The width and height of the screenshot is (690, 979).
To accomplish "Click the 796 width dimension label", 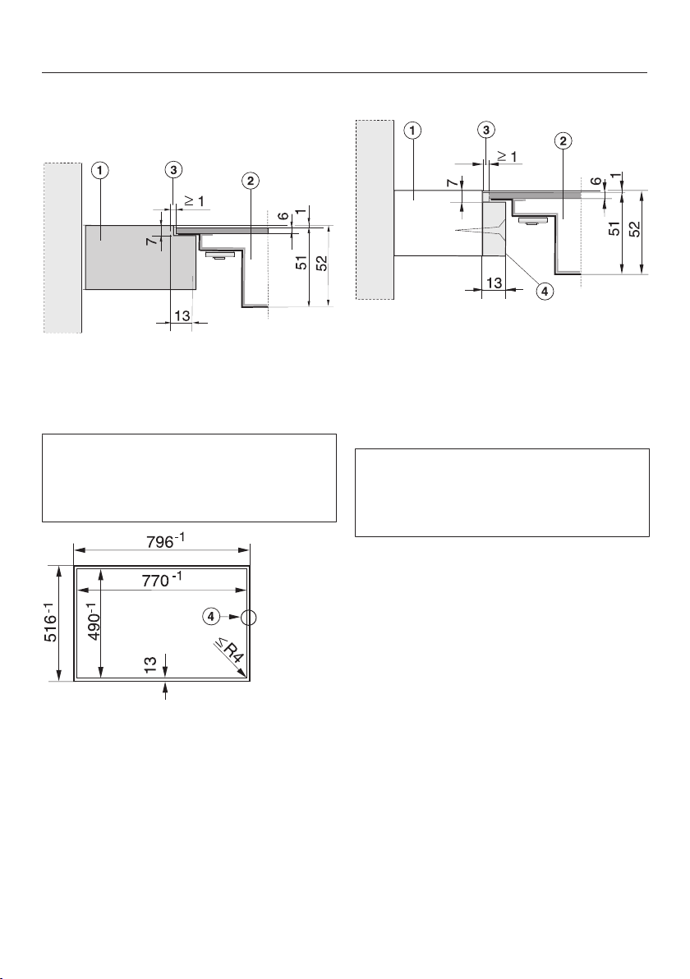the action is tap(166, 540).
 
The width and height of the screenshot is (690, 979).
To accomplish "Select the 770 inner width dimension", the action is tap(160, 580).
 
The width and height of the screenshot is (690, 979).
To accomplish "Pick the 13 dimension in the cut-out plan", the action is tap(150, 664).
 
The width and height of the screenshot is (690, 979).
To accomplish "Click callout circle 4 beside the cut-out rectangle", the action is tap(211, 616).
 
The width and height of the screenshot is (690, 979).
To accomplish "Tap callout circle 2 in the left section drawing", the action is tap(250, 181).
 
